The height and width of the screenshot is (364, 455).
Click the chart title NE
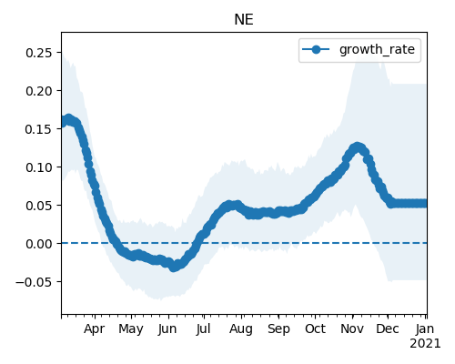[244, 20]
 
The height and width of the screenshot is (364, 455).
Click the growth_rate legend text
[377, 50]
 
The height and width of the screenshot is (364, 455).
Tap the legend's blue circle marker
[316, 49]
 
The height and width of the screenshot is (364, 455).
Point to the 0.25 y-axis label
[39, 53]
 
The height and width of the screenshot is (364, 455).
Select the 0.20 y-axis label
[39, 91]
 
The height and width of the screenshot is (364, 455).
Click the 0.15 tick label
[39, 129]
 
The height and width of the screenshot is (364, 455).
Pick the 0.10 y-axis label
[39, 167]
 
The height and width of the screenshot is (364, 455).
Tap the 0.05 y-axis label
[39, 206]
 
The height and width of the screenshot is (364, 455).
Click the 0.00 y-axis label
[39, 244]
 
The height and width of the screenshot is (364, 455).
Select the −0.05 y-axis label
[35, 282]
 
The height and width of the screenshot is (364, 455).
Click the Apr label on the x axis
[95, 329]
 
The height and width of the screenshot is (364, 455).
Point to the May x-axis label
[131, 329]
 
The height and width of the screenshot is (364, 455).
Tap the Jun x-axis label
[167, 329]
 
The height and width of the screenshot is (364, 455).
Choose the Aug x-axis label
[241, 329]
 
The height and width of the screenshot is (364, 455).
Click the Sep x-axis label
[278, 329]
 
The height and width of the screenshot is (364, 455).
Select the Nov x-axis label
[352, 329]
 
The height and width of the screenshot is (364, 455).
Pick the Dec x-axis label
[388, 329]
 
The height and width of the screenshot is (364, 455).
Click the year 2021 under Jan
[425, 344]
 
